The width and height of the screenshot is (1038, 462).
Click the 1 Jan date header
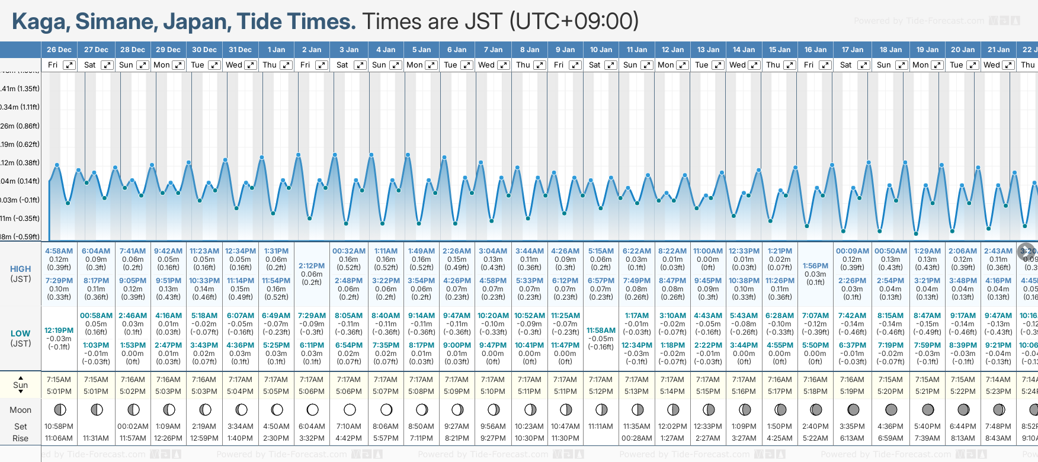coord(276,50)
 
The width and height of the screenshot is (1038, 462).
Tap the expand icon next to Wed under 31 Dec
coord(251,65)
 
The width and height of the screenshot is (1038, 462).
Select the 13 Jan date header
coord(709,50)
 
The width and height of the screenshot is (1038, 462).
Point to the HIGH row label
coord(20,269)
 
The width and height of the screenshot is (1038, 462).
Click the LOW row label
coord(20,333)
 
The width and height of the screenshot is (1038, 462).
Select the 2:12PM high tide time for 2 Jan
coord(312,266)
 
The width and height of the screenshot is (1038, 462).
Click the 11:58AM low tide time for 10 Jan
coord(601,331)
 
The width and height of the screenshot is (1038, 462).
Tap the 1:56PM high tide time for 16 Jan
coord(815,266)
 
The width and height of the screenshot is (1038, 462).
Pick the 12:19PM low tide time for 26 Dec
coord(59,331)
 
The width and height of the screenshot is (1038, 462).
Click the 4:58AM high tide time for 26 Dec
coord(59,251)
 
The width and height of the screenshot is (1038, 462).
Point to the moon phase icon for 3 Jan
coord(350,409)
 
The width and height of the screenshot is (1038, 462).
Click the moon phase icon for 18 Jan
coord(890,409)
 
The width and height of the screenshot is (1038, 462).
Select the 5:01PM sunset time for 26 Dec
coord(59,392)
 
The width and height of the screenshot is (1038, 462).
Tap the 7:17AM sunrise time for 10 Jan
coord(601,380)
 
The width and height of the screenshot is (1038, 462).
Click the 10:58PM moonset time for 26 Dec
coord(59,426)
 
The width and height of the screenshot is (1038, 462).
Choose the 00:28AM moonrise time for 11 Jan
coord(637,438)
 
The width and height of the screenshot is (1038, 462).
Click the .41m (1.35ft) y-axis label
coord(20,89)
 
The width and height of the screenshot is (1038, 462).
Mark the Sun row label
coord(20,385)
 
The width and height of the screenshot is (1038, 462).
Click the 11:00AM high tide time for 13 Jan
coord(708,251)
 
